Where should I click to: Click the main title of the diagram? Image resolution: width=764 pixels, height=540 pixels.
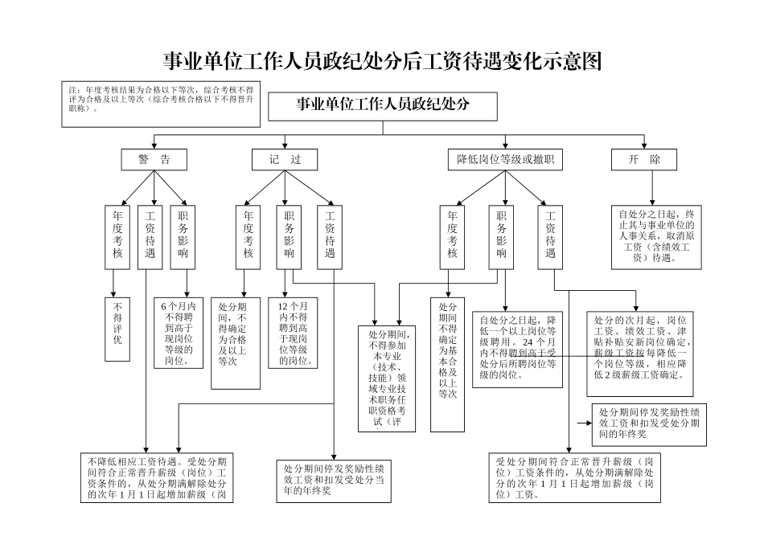coord(382,62)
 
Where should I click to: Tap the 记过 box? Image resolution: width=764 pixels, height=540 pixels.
coord(285,160)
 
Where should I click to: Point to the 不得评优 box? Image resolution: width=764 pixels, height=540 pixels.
coord(117,329)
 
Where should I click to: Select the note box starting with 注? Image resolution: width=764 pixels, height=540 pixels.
coord(161,103)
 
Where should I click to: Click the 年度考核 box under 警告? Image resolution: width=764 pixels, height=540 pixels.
coord(117,236)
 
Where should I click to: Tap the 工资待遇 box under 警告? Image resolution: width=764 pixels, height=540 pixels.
coord(150,236)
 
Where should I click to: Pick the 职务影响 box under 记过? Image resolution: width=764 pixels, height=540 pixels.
coord(289,236)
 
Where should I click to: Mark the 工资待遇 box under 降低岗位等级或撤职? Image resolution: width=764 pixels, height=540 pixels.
coord(550,236)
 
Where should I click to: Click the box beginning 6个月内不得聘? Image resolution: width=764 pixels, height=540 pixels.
coord(178,333)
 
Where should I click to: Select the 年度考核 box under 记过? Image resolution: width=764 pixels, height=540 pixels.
coord(248,236)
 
